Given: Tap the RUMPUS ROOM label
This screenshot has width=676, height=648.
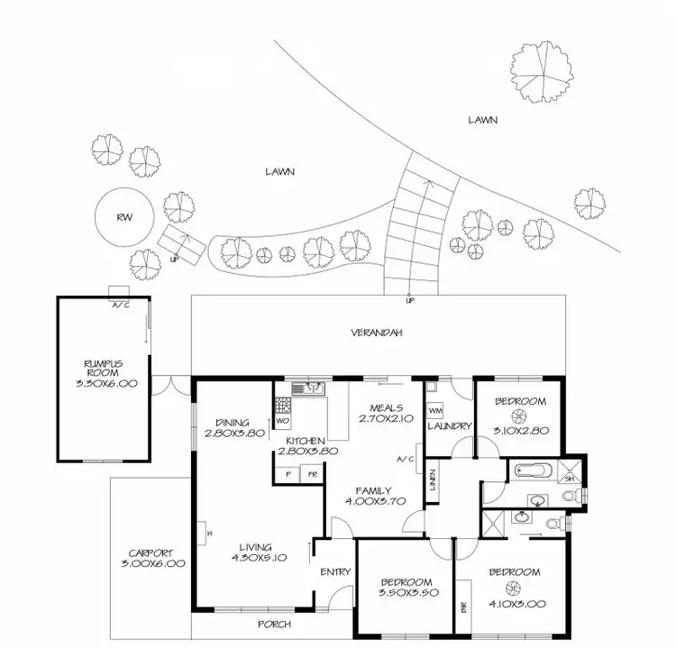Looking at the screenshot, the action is [105, 369].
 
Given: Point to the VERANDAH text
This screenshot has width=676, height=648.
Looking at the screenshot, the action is [376, 333].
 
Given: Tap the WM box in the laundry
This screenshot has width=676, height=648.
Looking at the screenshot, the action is [435, 410].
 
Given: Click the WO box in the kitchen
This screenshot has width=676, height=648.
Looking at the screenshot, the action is [282, 421].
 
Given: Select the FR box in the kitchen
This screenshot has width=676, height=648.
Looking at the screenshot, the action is [312, 473].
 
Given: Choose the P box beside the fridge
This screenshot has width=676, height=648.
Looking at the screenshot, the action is [288, 473].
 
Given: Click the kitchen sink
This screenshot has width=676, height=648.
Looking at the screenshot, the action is [312, 389].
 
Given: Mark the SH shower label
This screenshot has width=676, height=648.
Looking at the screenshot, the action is [568, 479].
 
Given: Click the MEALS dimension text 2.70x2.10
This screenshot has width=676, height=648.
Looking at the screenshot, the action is [385, 417].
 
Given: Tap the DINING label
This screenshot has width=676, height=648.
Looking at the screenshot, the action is [233, 421].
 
